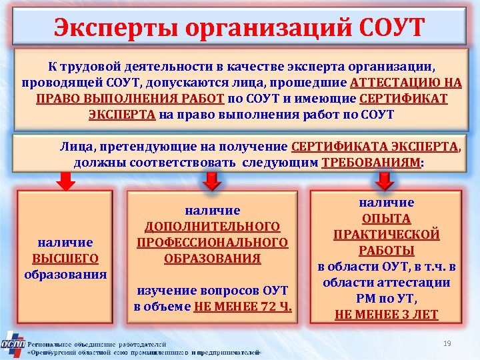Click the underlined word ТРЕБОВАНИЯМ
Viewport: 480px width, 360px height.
[x=371, y=163]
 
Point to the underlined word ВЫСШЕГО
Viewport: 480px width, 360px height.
[x=65, y=258]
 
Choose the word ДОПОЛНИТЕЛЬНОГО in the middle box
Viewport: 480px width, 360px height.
[x=213, y=227]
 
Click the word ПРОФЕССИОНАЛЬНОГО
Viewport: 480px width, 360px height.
[x=213, y=243]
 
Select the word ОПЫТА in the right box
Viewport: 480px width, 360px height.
[x=386, y=219]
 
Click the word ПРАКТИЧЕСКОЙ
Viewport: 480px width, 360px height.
[x=386, y=235]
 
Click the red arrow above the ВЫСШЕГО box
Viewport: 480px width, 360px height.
[x=65, y=180]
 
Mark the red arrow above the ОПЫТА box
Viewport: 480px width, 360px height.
[x=385, y=180]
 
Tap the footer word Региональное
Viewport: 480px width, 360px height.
[x=53, y=339]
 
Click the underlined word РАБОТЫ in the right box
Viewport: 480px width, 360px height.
[x=386, y=251]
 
